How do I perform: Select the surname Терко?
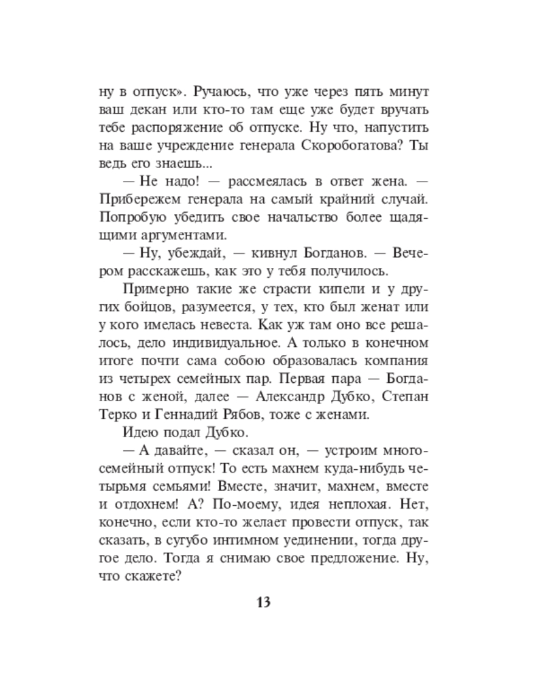tap(117, 412)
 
